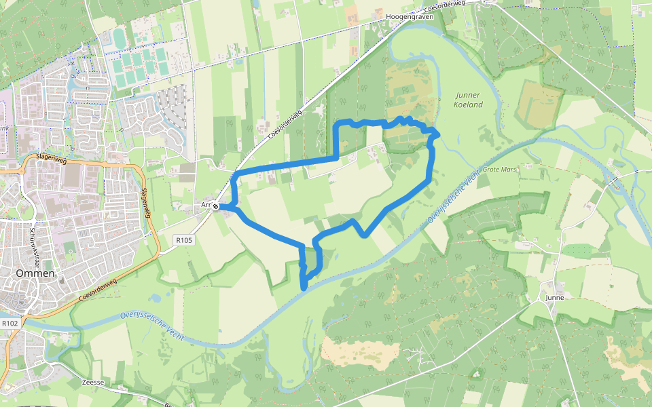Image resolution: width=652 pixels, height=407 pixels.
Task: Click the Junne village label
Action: click(x=555, y=297)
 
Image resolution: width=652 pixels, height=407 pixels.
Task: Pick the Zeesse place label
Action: click(x=92, y=382)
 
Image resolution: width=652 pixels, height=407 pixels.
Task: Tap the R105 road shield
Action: click(x=184, y=239)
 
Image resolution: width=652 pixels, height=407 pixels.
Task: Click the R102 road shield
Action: click(x=9, y=324)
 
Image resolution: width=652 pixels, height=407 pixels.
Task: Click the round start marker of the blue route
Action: click(x=215, y=206)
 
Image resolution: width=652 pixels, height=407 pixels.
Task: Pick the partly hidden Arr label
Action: click(x=206, y=204)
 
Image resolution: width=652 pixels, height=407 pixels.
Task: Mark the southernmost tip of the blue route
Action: click(x=304, y=288)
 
